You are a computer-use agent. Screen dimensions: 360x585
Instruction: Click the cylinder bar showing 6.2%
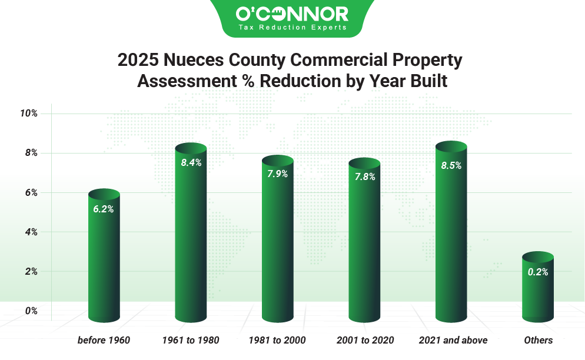(x=104, y=259)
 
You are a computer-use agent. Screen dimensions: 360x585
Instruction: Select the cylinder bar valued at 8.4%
(x=191, y=235)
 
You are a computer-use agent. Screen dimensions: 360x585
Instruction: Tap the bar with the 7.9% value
(x=277, y=241)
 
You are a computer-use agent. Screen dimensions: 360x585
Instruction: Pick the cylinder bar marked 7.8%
(x=364, y=244)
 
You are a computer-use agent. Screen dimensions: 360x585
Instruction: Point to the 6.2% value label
(x=104, y=209)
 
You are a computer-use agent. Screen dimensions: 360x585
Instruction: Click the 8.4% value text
(x=191, y=163)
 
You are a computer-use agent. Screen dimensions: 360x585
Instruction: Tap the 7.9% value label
(x=278, y=174)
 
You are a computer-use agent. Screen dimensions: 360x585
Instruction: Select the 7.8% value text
(x=365, y=176)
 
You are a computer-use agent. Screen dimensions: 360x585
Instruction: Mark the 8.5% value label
(x=451, y=166)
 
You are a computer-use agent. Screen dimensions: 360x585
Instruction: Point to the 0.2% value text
(x=538, y=272)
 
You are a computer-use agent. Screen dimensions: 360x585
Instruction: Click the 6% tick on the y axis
(x=31, y=193)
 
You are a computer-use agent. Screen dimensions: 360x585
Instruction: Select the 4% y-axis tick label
(x=31, y=232)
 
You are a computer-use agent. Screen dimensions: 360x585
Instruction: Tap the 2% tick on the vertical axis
(x=31, y=271)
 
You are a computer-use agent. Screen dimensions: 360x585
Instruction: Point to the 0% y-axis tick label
(x=31, y=311)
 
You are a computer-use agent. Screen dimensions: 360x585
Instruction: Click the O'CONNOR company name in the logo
(x=292, y=14)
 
